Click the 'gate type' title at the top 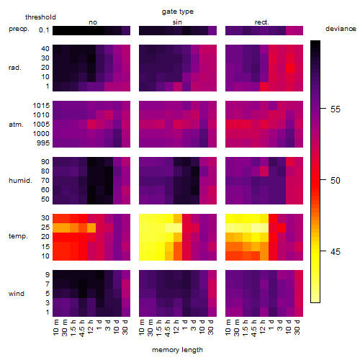pos(178,12)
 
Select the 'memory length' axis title pos(177,350)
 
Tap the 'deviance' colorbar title pos(341,29)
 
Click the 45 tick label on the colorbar pos(336,252)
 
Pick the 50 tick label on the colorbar pos(336,181)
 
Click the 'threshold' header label pos(40,17)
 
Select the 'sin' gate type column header pos(177,22)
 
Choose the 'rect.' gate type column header pos(262,22)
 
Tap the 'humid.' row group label pos(20,181)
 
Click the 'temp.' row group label pos(18,236)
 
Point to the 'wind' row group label pos(17,294)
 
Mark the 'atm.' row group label pos(16,125)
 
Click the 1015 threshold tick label pos(41,106)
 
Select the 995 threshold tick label pos(43,143)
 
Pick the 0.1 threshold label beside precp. pos(44,30)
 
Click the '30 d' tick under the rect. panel pos(297,327)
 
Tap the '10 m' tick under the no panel pos(55,327)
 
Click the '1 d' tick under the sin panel pos(185,325)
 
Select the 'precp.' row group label pos(19,29)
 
